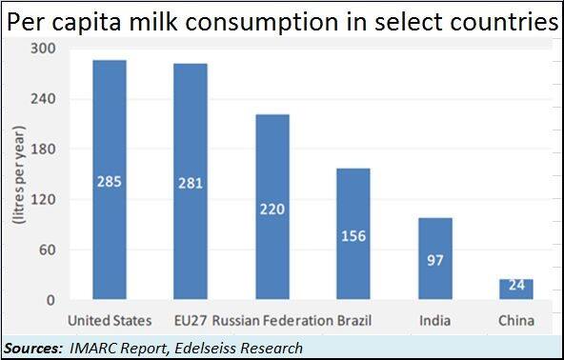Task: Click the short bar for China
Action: pyautogui.click(x=516, y=290)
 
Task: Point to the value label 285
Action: pyautogui.click(x=110, y=181)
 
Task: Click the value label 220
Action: pyautogui.click(x=272, y=209)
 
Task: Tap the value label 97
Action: pyautogui.click(x=435, y=260)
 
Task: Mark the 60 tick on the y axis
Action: pyautogui.click(x=48, y=250)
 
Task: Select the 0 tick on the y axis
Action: pyautogui.click(x=51, y=301)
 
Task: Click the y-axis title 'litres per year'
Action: pyautogui.click(x=17, y=174)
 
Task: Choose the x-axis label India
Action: pyautogui.click(x=435, y=319)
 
